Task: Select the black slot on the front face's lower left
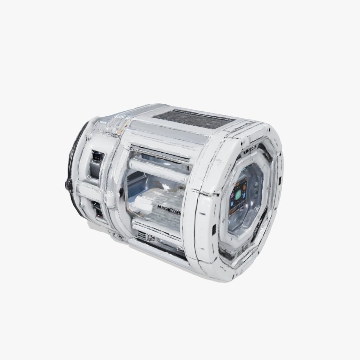pos(214,228)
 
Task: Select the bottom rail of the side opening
pos(157,229)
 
